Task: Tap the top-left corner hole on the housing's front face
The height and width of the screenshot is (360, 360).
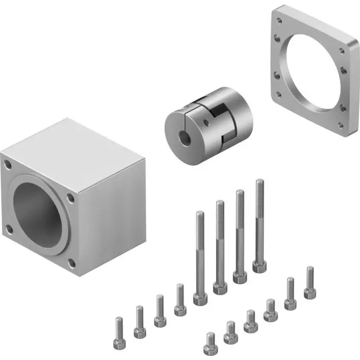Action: pyautogui.click(x=8, y=166)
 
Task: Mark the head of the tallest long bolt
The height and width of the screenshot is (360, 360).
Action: pyautogui.click(x=259, y=266)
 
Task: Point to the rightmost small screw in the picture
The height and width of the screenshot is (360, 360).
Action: pyautogui.click(x=310, y=283)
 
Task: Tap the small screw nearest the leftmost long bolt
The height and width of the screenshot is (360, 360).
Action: pyautogui.click(x=179, y=301)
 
